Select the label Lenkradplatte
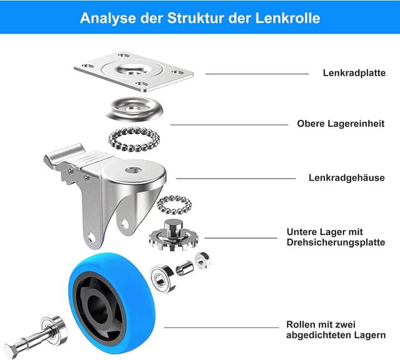pos(354,73)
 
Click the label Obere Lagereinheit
pos(341,124)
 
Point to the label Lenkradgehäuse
pos(346,177)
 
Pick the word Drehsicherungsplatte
pos(336,242)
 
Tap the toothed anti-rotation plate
pos(172,237)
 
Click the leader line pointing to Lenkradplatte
pos(256,74)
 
